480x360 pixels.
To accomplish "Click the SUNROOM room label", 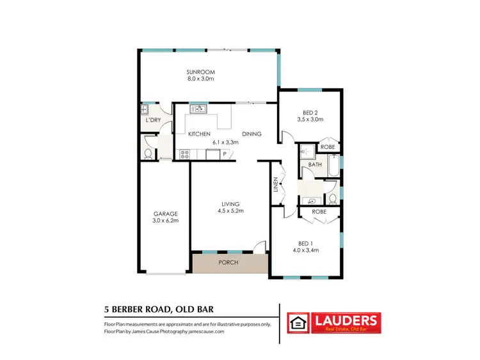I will point(200,72).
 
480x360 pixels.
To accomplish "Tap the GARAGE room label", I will point(164,214).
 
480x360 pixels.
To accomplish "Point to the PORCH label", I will point(228,262).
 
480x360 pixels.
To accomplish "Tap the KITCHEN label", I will point(199,134).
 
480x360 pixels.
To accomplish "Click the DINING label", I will point(252,134).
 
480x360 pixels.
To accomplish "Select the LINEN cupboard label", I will point(276,185).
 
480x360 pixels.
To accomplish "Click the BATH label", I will point(315,164).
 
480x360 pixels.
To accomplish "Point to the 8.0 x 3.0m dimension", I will point(200,79).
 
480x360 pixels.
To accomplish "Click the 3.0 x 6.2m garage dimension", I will point(164,221).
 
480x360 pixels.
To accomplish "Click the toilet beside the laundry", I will point(148,153).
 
